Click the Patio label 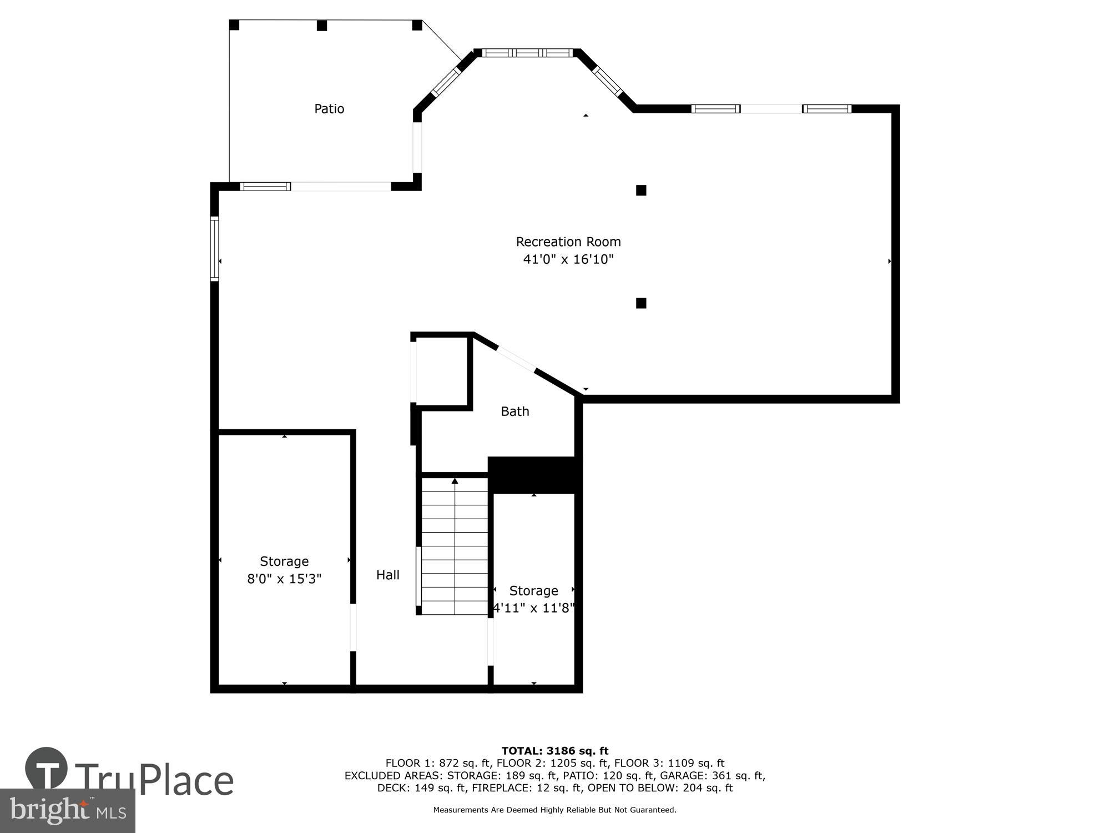click(329, 109)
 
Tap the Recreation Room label click(568, 242)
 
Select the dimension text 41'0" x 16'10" click(568, 259)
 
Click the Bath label click(515, 412)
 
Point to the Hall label click(388, 575)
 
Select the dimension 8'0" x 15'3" click(284, 579)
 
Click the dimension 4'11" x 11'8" click(533, 608)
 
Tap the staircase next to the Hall click(455, 547)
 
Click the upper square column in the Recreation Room click(641, 190)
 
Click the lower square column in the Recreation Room click(641, 303)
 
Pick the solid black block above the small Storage click(534, 475)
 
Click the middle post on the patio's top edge click(322, 26)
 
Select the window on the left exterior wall click(214, 248)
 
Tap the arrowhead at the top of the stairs click(455, 481)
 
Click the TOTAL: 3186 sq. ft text click(555, 751)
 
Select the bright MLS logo click(68, 811)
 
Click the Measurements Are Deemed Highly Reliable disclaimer click(555, 810)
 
